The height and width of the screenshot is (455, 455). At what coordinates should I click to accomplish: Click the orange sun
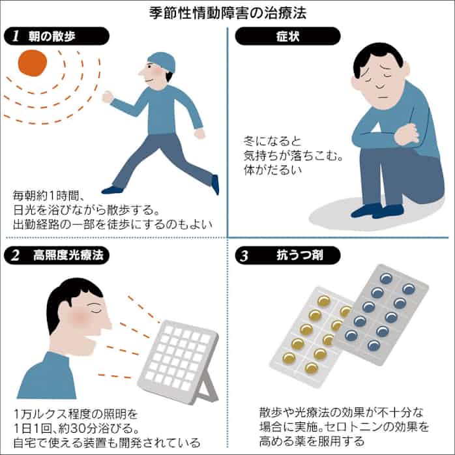pos(33,63)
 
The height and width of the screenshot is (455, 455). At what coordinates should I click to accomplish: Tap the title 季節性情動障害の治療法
pos(227,13)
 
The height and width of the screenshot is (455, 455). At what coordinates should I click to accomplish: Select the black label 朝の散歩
pos(57,36)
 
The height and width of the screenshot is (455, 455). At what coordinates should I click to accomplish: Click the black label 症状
pos(287,36)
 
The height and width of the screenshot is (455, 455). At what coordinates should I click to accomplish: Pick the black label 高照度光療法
pos(57,256)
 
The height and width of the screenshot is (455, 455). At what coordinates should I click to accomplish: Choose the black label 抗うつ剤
pos(287,256)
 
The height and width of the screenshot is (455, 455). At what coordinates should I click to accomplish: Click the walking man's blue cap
pos(162,61)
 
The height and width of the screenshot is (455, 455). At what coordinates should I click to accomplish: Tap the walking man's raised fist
pos(108,97)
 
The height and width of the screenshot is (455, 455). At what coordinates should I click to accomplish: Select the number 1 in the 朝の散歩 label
pos(16,37)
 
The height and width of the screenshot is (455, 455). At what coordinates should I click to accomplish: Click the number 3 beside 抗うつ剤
pos(244,256)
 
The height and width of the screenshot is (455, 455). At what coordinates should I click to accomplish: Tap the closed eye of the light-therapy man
pos(96,310)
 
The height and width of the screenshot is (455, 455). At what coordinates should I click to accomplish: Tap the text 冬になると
pos(272,141)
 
